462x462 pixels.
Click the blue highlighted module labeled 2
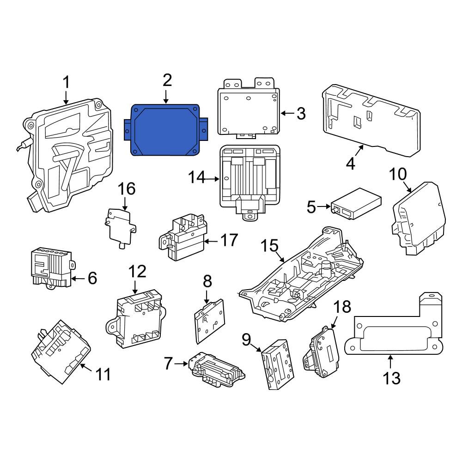point(166,130)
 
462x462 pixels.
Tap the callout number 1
point(67,82)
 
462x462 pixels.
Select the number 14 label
point(197,177)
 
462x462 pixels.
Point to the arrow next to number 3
point(287,113)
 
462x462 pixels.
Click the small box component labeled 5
point(356,204)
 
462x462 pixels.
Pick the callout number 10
point(398,174)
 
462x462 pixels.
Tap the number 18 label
point(342,306)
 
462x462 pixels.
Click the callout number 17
point(229,240)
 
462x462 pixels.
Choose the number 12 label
point(137,271)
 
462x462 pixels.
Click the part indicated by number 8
point(210,321)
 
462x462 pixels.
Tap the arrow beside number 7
point(181,364)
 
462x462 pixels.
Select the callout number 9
point(246,340)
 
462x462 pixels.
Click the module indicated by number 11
point(61,352)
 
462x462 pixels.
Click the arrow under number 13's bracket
point(390,362)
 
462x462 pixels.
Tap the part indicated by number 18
point(321,352)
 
